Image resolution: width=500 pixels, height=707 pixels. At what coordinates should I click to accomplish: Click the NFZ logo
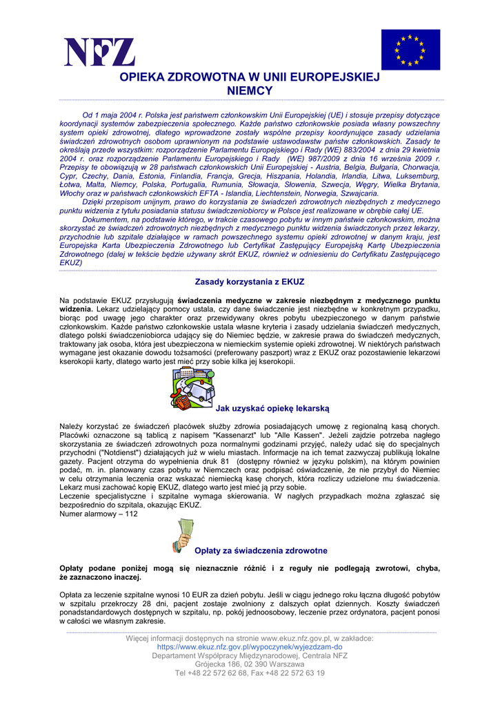(x=99, y=52)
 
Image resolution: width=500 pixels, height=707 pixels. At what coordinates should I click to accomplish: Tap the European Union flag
(x=410, y=50)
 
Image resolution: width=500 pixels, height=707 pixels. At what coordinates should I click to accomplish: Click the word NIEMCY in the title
(x=250, y=90)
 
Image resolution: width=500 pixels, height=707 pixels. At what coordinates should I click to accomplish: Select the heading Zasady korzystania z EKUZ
(x=250, y=282)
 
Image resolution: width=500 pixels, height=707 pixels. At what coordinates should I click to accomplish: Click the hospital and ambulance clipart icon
(x=192, y=389)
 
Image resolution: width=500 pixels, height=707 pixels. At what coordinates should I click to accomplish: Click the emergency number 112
(x=131, y=514)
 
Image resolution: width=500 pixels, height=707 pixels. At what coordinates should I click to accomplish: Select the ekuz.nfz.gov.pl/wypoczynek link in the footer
(x=250, y=647)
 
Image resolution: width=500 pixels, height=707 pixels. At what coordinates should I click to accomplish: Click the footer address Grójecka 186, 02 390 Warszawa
(x=250, y=664)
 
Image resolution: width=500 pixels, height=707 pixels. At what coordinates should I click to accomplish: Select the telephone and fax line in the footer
(x=250, y=672)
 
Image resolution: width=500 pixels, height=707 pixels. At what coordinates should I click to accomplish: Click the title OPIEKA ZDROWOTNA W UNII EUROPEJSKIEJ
(x=250, y=77)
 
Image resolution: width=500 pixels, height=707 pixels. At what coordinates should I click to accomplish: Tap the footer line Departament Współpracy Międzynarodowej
(x=250, y=655)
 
